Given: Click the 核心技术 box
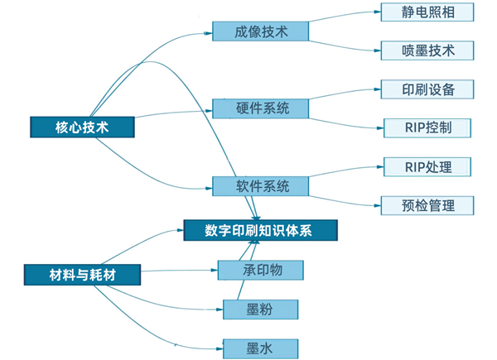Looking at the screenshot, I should tap(82, 127).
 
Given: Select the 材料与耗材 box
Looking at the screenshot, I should tap(82, 272).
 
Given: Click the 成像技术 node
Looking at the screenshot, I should tap(260, 31).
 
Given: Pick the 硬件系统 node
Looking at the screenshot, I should tap(260, 108).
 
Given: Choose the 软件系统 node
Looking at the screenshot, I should tap(260, 185).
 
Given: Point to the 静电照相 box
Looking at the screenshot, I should tap(428, 12).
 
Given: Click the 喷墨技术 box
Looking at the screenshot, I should tap(428, 50).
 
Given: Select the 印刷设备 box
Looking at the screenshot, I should tap(428, 89).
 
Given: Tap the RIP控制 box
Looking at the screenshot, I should tap(428, 127).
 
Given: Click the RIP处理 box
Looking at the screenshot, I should tap(428, 166).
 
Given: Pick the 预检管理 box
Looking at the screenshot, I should tap(428, 204).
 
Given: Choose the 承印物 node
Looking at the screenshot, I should tap(260, 270).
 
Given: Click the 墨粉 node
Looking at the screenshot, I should tap(260, 310).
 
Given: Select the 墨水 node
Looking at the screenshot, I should tap(260, 348).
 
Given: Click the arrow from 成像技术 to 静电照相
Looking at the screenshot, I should tap(344, 18).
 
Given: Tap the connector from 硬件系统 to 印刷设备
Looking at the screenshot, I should tap(344, 94).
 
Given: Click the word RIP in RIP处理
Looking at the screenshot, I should tap(415, 166).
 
